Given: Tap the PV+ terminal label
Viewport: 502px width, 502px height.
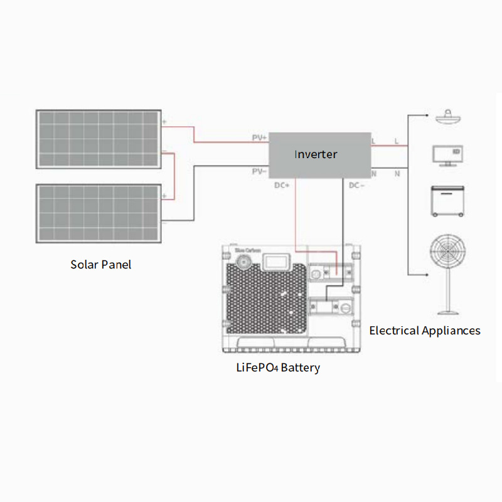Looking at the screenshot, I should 259,137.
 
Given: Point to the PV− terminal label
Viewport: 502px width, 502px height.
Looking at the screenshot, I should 259,171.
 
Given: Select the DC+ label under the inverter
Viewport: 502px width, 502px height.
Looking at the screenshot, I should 282,185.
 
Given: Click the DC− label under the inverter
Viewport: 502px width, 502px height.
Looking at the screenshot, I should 356,185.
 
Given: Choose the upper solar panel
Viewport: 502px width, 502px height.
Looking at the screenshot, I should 99,139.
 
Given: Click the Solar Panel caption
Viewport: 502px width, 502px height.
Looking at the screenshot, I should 101,265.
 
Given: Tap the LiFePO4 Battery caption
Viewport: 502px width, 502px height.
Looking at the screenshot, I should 277,368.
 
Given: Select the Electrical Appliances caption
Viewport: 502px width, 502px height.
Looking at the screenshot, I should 425,331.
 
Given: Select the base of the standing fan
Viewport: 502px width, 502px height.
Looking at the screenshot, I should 447,311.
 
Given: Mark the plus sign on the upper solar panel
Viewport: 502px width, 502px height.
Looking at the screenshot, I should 164,122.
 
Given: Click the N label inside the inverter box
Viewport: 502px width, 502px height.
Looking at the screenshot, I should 374,173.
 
